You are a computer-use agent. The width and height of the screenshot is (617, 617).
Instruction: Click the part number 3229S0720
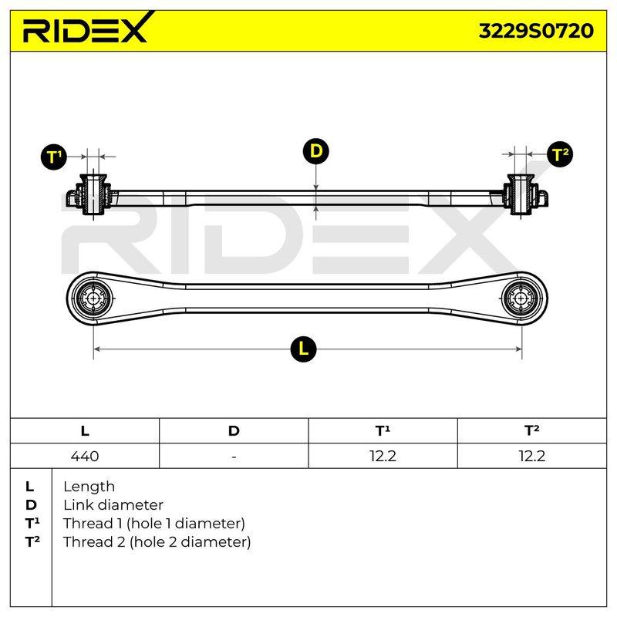tap(536, 31)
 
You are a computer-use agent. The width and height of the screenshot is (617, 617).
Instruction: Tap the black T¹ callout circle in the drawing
tap(53, 157)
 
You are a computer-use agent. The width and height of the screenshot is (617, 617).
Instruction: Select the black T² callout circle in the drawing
tap(560, 153)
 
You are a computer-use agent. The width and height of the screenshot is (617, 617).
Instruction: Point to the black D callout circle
tap(316, 151)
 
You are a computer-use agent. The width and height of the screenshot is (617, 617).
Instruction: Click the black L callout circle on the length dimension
tap(303, 349)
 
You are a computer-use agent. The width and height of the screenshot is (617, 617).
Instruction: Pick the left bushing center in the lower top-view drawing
tap(93, 298)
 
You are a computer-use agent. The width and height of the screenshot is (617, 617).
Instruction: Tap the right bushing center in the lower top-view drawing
tap(522, 298)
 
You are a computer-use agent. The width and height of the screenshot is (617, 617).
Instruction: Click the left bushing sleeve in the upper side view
tap(93, 194)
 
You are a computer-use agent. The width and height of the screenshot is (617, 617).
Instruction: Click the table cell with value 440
tap(85, 456)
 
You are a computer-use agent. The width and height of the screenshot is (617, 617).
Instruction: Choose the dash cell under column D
tap(234, 456)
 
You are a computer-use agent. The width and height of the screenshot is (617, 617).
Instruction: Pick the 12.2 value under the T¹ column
tap(383, 456)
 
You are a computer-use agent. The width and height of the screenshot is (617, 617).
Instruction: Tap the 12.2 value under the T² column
tap(532, 456)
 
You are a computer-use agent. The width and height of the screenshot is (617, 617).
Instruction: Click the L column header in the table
tap(85, 431)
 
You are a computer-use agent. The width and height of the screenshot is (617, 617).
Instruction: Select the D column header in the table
tap(234, 431)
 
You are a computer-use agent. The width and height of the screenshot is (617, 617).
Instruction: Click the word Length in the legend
tap(89, 487)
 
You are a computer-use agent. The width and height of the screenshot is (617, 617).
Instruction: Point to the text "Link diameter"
tap(113, 505)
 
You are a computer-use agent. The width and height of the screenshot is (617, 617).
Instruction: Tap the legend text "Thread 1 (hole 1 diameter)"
tap(153, 524)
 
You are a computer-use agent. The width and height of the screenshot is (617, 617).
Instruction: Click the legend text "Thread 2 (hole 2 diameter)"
tap(157, 542)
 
